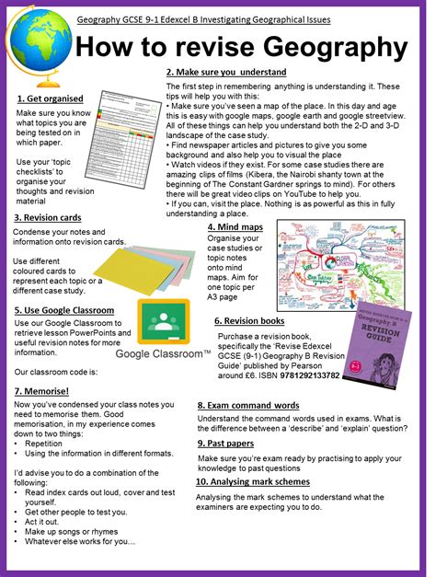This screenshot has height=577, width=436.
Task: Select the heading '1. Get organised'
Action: (x=50, y=98)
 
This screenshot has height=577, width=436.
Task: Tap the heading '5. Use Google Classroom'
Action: (x=64, y=311)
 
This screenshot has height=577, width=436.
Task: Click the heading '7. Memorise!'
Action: (x=46, y=391)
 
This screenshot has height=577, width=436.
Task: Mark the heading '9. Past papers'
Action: (x=230, y=443)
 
